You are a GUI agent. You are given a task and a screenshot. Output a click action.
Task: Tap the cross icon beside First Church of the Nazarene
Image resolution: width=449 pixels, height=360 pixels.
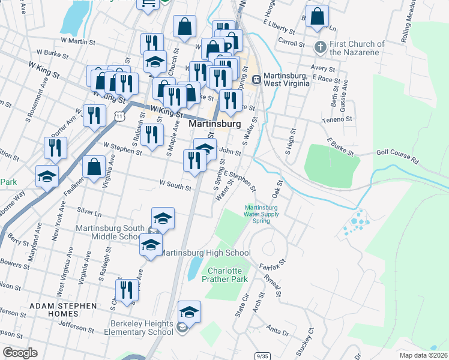pos(321,46)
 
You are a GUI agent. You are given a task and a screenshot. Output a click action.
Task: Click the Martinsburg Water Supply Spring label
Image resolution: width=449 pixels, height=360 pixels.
pos(261,214)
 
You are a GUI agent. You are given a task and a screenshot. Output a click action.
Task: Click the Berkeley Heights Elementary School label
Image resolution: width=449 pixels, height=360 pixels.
pos(142,328)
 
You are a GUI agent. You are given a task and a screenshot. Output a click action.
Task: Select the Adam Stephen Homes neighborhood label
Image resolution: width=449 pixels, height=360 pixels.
pos(63,310)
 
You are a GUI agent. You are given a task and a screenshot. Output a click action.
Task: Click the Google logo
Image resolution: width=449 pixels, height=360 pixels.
pos(20,353)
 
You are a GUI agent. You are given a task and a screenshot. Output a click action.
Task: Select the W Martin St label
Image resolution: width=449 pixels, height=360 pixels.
pos(78,41)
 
